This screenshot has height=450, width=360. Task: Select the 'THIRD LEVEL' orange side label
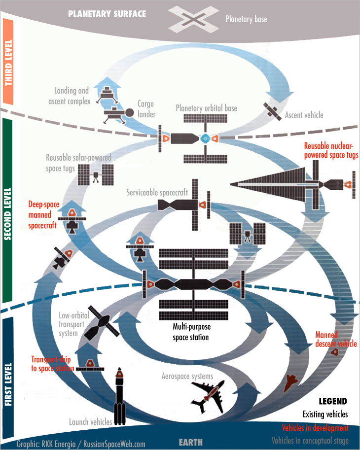pos(8,62)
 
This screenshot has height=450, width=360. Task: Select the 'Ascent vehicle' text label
pos(304,115)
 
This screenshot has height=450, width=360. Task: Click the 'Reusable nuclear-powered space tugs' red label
pos(330,150)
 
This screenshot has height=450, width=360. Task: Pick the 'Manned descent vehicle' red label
pos(336,339)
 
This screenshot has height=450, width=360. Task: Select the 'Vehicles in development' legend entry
pos(315,428)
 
